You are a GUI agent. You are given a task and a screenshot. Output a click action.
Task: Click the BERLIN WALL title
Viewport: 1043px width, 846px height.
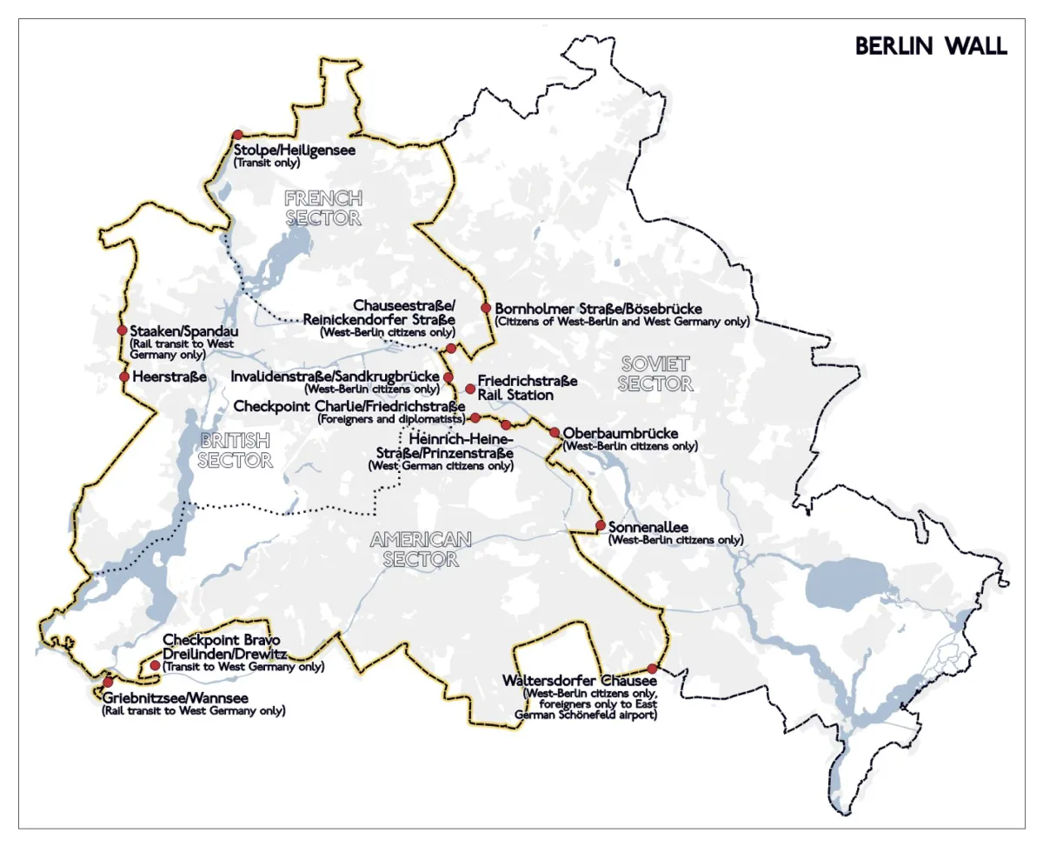[x=931, y=46]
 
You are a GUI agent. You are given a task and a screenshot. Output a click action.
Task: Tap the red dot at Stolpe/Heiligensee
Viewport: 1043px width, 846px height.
[x=237, y=135]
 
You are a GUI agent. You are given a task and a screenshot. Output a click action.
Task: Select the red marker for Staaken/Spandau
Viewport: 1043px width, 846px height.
[x=123, y=330]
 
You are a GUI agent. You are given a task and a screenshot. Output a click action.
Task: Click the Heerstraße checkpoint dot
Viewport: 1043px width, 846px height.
[x=123, y=376]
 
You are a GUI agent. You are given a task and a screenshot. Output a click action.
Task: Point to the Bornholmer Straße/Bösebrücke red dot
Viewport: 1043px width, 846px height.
[x=486, y=308]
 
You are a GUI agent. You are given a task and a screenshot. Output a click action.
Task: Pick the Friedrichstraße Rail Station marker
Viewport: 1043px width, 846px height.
[x=470, y=389]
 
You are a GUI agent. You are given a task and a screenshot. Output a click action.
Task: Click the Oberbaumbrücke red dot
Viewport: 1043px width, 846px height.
[x=555, y=432]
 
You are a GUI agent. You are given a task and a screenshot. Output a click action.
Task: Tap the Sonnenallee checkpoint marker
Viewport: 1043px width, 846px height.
[x=601, y=525]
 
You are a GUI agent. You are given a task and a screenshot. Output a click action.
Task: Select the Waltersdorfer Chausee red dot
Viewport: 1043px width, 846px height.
[x=653, y=669]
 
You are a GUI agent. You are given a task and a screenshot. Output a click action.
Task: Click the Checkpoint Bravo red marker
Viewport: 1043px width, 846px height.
[x=155, y=665]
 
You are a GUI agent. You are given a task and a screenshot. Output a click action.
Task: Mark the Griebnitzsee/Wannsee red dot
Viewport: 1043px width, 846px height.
[x=108, y=683]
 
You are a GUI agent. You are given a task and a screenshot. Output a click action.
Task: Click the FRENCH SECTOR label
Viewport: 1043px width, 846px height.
[x=322, y=208]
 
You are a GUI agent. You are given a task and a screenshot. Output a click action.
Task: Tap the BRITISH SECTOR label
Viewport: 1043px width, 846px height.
[x=235, y=450]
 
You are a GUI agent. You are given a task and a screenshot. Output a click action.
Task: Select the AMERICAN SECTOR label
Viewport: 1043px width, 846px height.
[x=421, y=549]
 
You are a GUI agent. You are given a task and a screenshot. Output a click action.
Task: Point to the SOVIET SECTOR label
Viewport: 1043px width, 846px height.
[x=655, y=373]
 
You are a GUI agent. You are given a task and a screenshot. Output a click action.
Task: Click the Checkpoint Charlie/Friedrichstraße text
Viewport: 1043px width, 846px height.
[x=350, y=406]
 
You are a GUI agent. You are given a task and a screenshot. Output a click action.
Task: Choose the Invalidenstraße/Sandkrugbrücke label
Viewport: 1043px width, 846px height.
[x=335, y=376]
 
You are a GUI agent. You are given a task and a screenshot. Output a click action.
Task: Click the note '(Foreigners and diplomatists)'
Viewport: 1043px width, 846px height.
[x=387, y=419]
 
